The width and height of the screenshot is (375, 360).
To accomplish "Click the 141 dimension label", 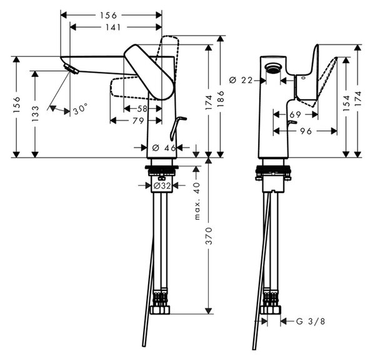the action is click(x=113, y=27).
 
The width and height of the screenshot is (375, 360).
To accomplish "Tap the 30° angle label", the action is click(x=81, y=109).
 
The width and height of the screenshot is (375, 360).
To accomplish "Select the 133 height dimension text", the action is click(x=35, y=113).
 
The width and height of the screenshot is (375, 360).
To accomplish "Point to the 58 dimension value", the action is click(x=142, y=109).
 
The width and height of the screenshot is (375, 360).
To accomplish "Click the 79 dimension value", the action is click(x=138, y=121).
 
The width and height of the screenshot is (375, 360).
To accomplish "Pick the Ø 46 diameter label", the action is click(x=164, y=148).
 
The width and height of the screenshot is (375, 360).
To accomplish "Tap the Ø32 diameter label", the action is click(x=162, y=186).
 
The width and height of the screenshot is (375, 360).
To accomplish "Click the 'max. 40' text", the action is click(x=197, y=201).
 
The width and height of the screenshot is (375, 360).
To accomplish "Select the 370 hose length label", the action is click(x=209, y=236).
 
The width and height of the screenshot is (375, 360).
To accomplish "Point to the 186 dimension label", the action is click(x=221, y=99).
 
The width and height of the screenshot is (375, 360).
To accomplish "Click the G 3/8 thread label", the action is click(x=311, y=321).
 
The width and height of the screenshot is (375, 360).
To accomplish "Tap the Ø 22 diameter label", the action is click(x=241, y=80).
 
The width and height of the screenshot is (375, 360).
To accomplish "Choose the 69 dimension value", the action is click(x=295, y=114).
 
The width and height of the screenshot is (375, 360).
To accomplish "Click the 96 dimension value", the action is click(x=306, y=131).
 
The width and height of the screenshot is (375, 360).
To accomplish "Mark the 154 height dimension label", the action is click(x=346, y=103).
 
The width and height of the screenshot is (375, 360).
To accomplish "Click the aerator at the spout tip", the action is click(x=71, y=69).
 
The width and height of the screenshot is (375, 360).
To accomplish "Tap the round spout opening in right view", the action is click(x=273, y=67).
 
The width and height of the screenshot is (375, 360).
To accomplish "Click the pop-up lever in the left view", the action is click(x=177, y=128).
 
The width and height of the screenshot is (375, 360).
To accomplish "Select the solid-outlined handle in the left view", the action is click(x=149, y=72).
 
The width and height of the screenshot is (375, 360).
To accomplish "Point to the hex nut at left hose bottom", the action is click(x=160, y=309).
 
